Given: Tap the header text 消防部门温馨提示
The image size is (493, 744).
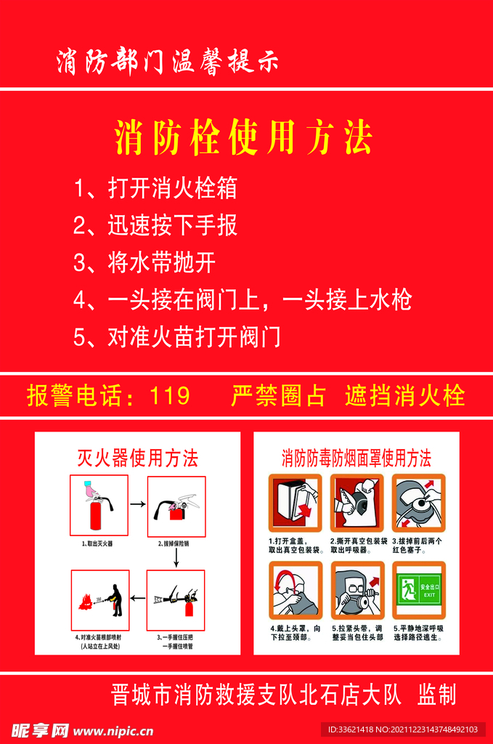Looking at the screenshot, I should coord(167,62).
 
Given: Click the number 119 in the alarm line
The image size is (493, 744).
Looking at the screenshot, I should coord(169,396).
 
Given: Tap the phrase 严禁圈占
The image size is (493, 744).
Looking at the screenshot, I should coord(278,396).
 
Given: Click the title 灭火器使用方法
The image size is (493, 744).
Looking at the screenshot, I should coord(137,458).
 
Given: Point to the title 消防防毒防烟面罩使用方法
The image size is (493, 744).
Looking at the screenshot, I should coord(356,458).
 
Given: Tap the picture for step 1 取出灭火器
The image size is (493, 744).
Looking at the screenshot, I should coord(99,505).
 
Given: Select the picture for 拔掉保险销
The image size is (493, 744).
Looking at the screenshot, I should coord(176,505).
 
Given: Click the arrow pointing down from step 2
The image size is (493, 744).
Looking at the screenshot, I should coord(176,557).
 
